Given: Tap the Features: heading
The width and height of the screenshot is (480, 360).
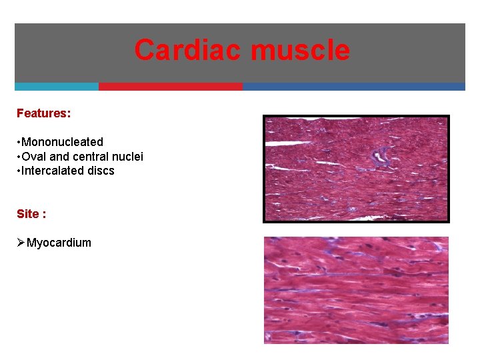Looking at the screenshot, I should pos(43,113).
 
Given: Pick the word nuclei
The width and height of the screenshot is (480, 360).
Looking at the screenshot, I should pos(128,157).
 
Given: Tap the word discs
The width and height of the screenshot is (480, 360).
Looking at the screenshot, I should pos(101,171).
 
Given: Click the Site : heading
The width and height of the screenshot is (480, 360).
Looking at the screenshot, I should pos(31,214).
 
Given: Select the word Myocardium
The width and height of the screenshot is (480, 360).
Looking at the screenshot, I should pos(59,243).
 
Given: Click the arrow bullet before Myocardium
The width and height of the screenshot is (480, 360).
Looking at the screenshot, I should pos(21,243).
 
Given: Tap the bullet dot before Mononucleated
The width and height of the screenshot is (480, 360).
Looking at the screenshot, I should pos(19,143).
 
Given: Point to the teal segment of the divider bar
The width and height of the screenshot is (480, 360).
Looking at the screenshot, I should pos(57,87).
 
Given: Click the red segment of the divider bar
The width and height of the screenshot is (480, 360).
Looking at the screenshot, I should pos(171,87).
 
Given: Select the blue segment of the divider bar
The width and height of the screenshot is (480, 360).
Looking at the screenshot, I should pos(353,87).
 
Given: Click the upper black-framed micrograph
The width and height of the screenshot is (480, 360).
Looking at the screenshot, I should pos(356,168).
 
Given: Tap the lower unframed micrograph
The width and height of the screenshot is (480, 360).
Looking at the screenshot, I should pos(356,290).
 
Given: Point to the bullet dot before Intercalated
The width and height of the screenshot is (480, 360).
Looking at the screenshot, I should pos(19,171).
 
